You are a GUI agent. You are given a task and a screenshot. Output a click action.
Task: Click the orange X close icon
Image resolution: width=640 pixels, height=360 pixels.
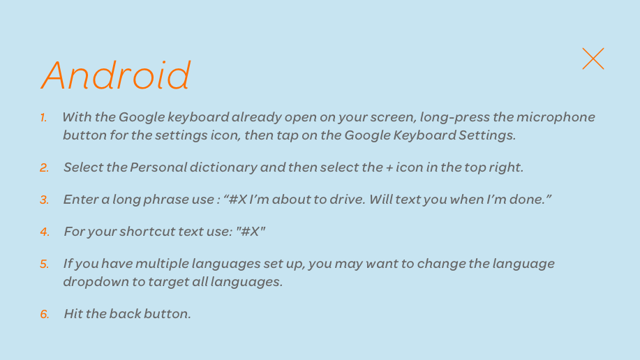[x=593, y=59]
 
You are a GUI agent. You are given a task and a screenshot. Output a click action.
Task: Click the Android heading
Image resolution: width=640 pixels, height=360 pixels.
[x=116, y=75]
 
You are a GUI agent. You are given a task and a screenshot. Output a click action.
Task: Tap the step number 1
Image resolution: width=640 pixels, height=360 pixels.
[x=43, y=118]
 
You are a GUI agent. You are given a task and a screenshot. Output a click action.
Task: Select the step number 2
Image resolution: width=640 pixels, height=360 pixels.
[x=45, y=167]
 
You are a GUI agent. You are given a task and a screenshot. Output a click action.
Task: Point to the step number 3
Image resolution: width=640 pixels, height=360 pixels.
[x=45, y=200]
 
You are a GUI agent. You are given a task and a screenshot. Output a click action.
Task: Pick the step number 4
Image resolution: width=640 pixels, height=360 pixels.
[x=45, y=232]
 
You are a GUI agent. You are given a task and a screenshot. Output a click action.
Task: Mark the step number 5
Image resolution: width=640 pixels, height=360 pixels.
[x=45, y=264]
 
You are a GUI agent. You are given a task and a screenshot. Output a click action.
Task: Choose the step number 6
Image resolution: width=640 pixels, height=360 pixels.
[x=45, y=314]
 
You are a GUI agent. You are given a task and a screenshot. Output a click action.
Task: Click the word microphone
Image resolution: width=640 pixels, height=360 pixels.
[x=556, y=117]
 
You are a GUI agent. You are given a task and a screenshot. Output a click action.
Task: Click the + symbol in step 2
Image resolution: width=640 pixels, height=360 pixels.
[x=389, y=168]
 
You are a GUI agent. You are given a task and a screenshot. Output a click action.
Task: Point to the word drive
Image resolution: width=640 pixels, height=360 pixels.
[x=348, y=199]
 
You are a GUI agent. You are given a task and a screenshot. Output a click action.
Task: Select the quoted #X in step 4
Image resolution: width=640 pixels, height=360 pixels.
[x=251, y=232]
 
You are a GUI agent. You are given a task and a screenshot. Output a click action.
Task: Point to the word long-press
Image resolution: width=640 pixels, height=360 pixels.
[x=454, y=117]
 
